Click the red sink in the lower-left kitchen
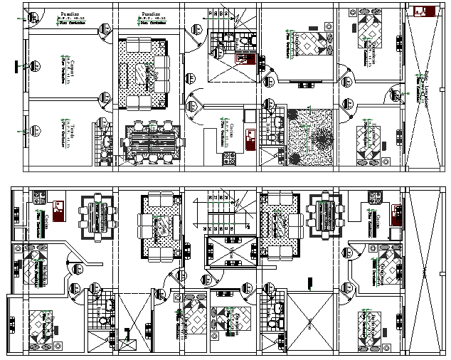pyautogui.click(x=58, y=208)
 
